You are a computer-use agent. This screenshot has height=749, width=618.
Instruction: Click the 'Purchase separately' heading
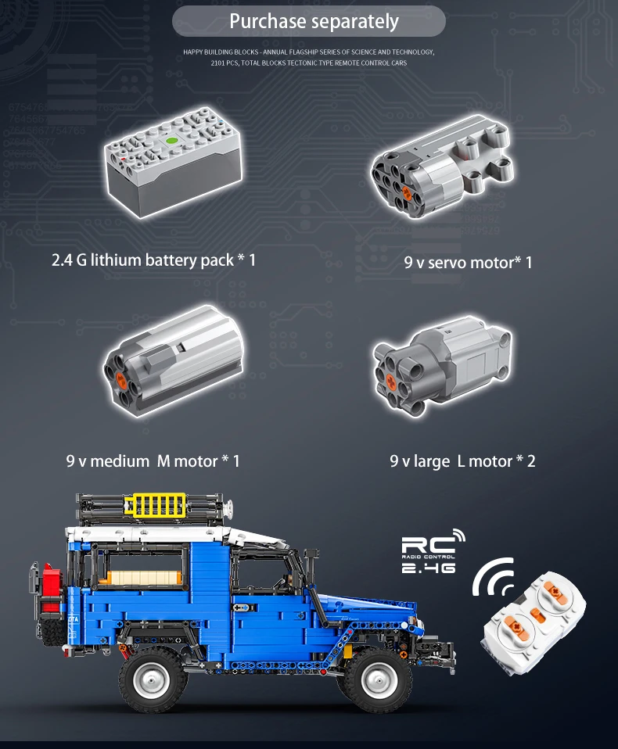coord(314,22)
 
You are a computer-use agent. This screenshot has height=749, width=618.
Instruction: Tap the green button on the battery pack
coord(171,142)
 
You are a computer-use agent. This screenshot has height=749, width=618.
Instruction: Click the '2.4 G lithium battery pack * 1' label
coord(153,260)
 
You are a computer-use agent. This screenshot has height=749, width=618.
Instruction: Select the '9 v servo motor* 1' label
coord(468,263)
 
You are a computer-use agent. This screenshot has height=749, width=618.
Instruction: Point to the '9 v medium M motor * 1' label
coord(153,461)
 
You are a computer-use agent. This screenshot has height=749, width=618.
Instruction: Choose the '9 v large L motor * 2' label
coord(462,461)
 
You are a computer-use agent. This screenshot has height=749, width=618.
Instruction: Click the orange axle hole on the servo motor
coord(407,192)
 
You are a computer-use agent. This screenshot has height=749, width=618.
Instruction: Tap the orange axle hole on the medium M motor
coord(121,380)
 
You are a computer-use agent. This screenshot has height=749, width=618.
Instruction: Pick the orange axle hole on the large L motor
coord(390,381)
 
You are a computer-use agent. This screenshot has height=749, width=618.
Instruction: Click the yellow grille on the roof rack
coord(155,505)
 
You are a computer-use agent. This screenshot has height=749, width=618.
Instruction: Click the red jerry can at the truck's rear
coord(51,588)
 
